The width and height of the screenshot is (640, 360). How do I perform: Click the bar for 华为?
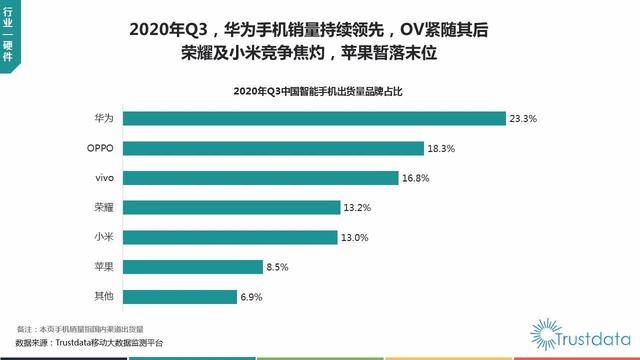(315, 119)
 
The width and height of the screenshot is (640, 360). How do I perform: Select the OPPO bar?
(275, 148)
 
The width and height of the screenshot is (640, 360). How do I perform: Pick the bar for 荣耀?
(233, 208)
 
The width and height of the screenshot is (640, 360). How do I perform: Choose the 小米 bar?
(232, 237)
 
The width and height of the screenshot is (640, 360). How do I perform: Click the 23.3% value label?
(523, 119)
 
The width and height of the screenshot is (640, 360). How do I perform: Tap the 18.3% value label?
(443, 148)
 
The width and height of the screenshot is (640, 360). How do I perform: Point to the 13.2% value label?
(358, 208)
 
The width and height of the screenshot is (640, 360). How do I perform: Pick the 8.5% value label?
(281, 267)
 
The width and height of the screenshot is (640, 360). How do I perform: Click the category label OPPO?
(101, 148)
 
